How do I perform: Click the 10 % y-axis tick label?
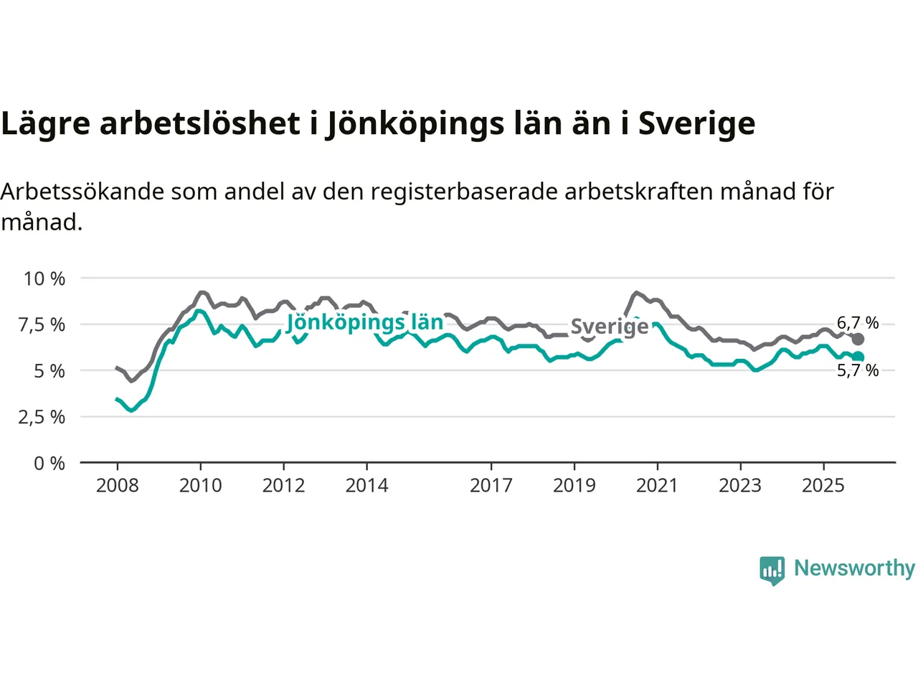(x=44, y=278)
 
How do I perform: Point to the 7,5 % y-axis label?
(x=42, y=324)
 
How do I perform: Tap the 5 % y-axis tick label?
(x=49, y=371)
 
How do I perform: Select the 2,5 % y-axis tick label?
(x=42, y=417)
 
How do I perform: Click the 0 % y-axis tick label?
(x=49, y=464)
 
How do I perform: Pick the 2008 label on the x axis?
(x=117, y=486)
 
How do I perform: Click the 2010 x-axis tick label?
(x=200, y=486)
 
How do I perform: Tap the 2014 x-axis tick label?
(x=366, y=486)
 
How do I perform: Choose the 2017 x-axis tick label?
(x=491, y=486)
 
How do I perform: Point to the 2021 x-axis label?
(x=657, y=486)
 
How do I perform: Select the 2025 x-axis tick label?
(x=823, y=486)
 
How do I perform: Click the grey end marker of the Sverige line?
(x=858, y=339)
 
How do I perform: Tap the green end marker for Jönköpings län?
(x=858, y=357)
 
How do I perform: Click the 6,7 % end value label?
(x=858, y=323)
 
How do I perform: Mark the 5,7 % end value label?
(x=858, y=370)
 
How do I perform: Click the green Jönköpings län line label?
(x=365, y=322)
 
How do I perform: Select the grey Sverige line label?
(x=609, y=327)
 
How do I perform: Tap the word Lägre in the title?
(x=46, y=124)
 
